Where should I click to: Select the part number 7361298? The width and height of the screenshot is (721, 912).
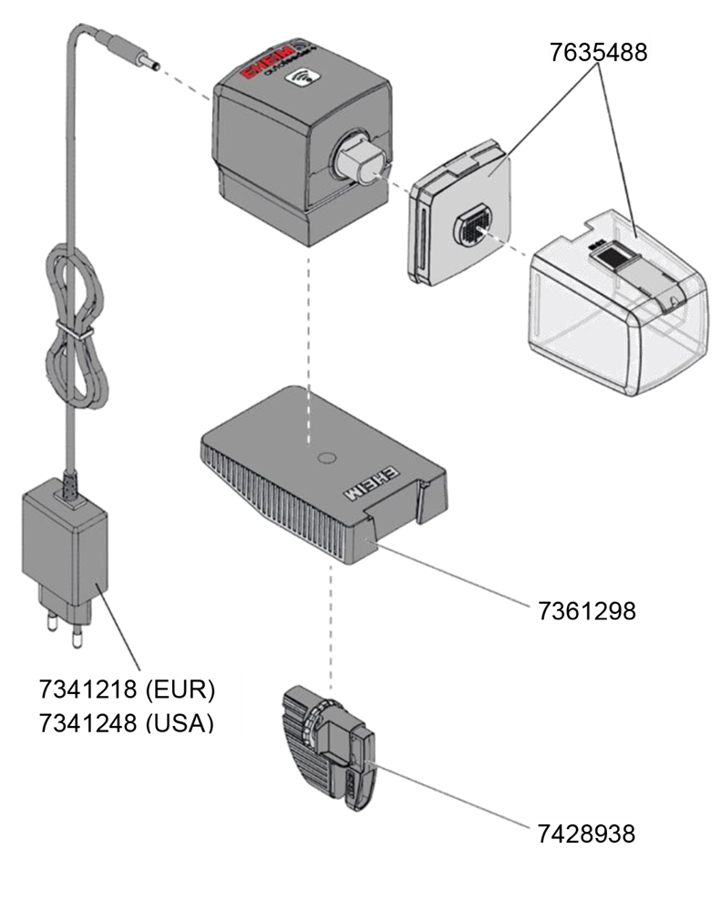[586, 607]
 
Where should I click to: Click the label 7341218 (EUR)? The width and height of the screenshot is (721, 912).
[127, 689]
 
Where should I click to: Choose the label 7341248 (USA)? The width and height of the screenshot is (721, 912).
[127, 721]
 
